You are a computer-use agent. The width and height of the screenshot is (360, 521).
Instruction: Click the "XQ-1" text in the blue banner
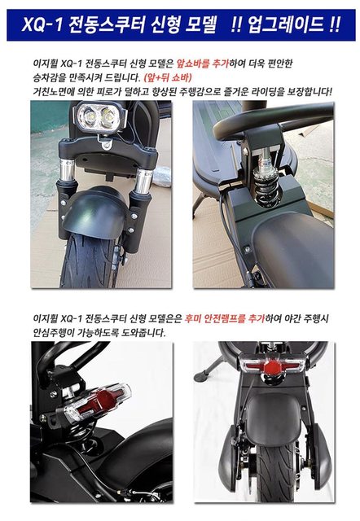pyautogui.click(x=42, y=25)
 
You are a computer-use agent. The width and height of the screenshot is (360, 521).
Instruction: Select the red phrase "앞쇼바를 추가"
pyautogui.click(x=203, y=63)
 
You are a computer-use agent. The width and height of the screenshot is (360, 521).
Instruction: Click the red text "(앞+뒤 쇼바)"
pyautogui.click(x=168, y=78)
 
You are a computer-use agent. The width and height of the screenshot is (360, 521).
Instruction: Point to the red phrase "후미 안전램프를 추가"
pyautogui.click(x=224, y=318)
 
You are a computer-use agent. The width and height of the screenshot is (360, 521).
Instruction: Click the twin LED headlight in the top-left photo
pyautogui.click(x=101, y=118)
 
